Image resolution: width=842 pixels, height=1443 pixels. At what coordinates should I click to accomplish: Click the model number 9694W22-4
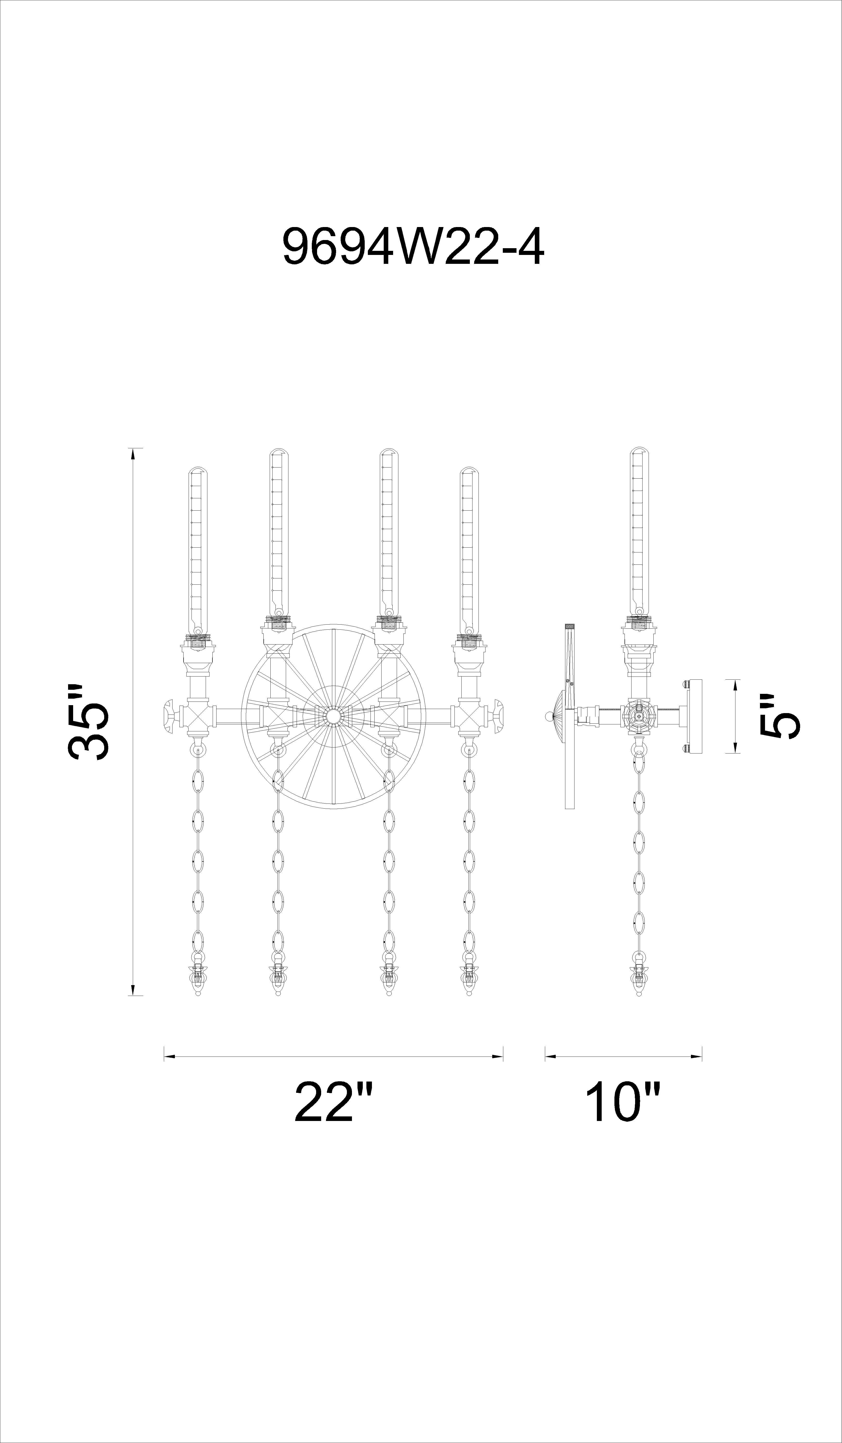[x=413, y=247]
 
